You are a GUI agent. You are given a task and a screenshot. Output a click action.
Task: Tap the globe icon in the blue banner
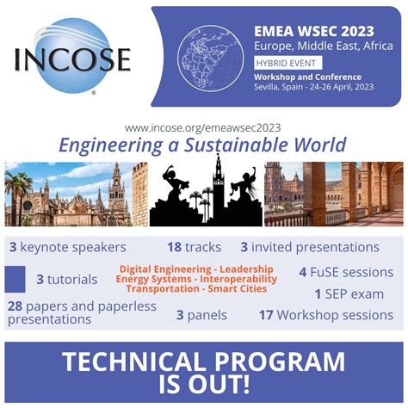pos(211,58)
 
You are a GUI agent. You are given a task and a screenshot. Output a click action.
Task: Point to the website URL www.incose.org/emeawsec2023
pos(202,127)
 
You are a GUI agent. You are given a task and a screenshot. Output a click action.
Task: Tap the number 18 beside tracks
pos(174,247)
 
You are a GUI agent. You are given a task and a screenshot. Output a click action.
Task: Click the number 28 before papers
pos(15,306)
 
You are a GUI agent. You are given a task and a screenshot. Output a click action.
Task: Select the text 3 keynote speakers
pos(67,248)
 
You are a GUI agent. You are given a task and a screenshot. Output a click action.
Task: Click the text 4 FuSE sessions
pos(346,273)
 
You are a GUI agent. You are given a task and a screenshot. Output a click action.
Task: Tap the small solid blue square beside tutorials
pos(15,279)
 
